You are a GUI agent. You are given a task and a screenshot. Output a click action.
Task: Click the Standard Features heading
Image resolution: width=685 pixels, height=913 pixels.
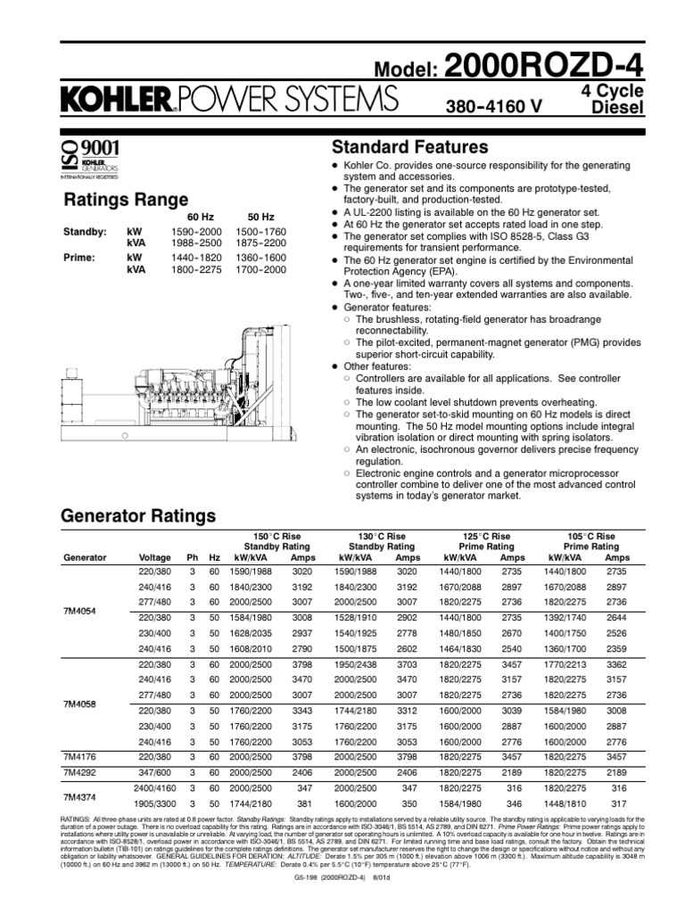[409, 146]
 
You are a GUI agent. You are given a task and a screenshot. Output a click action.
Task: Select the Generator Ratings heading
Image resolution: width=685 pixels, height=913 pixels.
[137, 516]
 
